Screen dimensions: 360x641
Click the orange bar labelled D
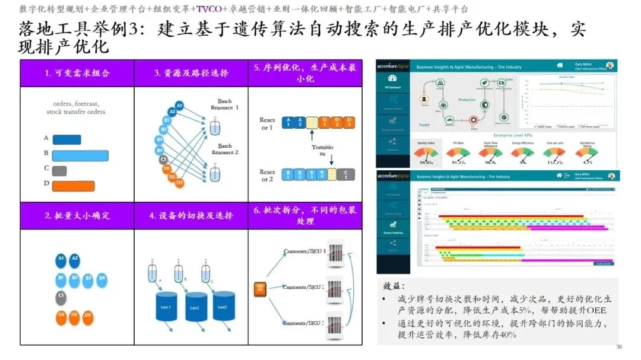pyautogui.click(x=73, y=186)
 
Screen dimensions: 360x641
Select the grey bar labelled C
pyautogui.click(x=59, y=171)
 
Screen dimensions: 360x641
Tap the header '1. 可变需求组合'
pyautogui.click(x=77, y=74)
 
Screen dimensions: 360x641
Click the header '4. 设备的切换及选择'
pyautogui.click(x=191, y=216)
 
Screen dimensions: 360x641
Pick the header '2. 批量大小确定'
pyautogui.click(x=77, y=216)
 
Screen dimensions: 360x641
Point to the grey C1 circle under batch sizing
pyautogui.click(x=61, y=296)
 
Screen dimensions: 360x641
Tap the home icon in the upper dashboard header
pyautogui.click(x=559, y=65)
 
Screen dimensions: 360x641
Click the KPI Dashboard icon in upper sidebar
pyautogui.click(x=392, y=80)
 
